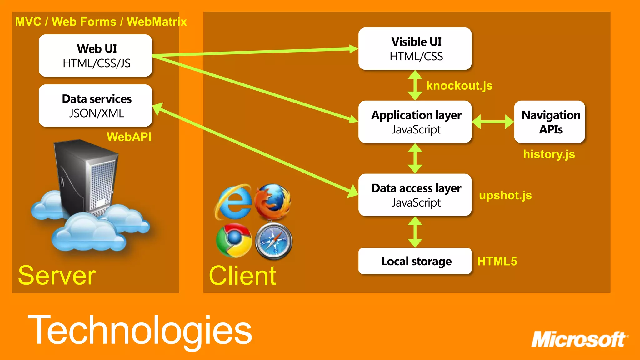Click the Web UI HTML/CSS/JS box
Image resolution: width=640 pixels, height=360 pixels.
coord(95,56)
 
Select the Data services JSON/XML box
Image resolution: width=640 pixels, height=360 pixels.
coord(95,106)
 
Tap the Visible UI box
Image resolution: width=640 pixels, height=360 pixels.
coord(415,49)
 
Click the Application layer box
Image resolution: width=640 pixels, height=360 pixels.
coord(415,122)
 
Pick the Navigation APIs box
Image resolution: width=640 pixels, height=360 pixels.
coord(549,122)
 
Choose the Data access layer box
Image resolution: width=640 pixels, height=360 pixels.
coord(415,195)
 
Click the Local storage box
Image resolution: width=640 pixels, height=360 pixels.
coord(415,261)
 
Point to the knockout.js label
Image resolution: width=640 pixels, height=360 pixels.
coord(459,86)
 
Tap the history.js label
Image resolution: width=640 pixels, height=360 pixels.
coord(549,154)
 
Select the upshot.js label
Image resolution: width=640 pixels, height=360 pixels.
coord(505,195)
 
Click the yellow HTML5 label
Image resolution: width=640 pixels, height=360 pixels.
coord(497,261)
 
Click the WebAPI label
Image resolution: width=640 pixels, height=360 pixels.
coord(129,137)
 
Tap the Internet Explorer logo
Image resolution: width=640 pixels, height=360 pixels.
coord(233,202)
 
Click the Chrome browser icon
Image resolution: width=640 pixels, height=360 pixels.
coord(234,240)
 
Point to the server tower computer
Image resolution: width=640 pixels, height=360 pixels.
coord(86,178)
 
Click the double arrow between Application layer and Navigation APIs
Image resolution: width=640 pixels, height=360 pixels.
coord(492,122)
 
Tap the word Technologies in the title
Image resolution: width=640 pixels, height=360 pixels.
coord(140,331)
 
